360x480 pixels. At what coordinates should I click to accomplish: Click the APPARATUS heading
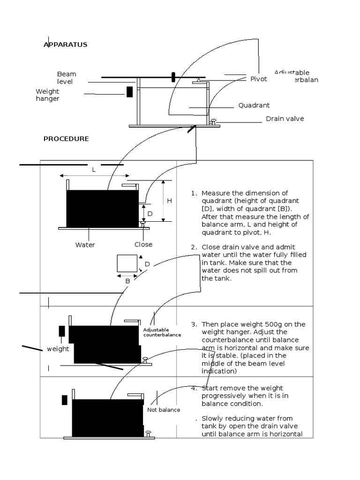(x=65, y=45)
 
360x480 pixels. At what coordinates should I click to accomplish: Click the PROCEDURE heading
(x=66, y=139)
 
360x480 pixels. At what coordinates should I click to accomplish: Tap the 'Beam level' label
(x=66, y=78)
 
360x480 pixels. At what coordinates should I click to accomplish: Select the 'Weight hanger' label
(x=47, y=95)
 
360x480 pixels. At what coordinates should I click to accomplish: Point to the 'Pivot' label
(x=258, y=79)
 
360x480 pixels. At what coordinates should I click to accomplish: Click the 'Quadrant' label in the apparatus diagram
(x=254, y=105)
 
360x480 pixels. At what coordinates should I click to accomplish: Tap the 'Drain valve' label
(x=285, y=119)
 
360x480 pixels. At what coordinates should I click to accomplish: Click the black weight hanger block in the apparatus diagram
(x=129, y=92)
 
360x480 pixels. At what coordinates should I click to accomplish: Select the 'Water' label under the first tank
(x=85, y=245)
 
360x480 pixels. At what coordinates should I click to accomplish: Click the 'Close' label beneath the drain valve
(x=143, y=245)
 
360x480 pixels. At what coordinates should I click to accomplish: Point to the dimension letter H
(x=170, y=201)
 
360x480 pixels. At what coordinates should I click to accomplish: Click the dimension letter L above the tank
(x=94, y=170)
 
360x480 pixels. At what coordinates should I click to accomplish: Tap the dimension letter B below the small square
(x=127, y=281)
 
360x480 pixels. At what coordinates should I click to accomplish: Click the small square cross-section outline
(x=127, y=263)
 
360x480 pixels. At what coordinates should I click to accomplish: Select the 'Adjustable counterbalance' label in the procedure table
(x=162, y=332)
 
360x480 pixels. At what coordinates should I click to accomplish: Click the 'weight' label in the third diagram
(x=58, y=349)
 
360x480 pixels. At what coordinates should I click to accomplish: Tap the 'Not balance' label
(x=164, y=410)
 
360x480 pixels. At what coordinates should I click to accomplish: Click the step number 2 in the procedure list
(x=194, y=247)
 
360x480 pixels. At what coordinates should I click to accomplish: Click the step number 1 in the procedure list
(x=194, y=193)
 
